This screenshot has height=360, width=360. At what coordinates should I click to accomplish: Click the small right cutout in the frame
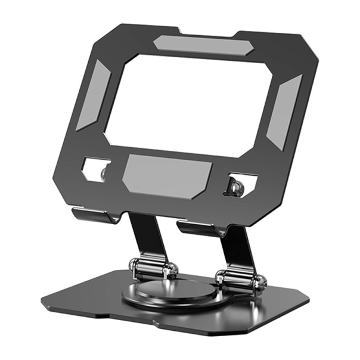(241, 185)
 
